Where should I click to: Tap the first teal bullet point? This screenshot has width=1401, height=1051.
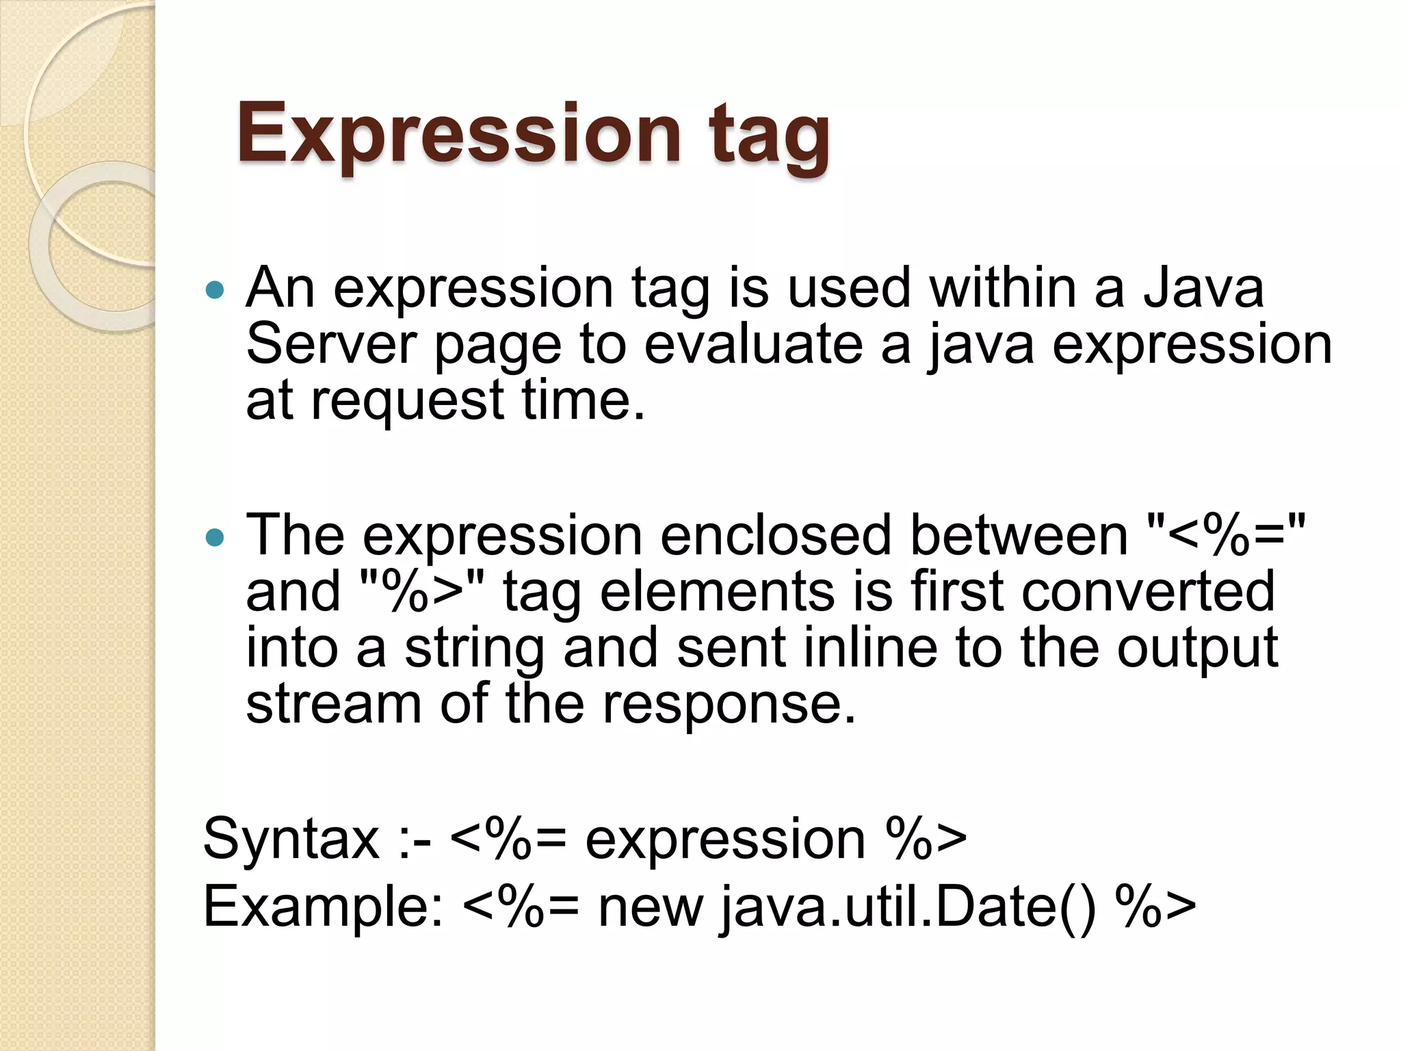click(215, 290)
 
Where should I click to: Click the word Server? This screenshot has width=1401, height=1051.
click(331, 344)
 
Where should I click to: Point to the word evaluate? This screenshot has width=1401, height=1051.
click(752, 344)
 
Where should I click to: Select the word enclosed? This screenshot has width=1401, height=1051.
click(776, 536)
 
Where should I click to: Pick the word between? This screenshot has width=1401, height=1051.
click(1018, 536)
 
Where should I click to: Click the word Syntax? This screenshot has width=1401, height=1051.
click(291, 840)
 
